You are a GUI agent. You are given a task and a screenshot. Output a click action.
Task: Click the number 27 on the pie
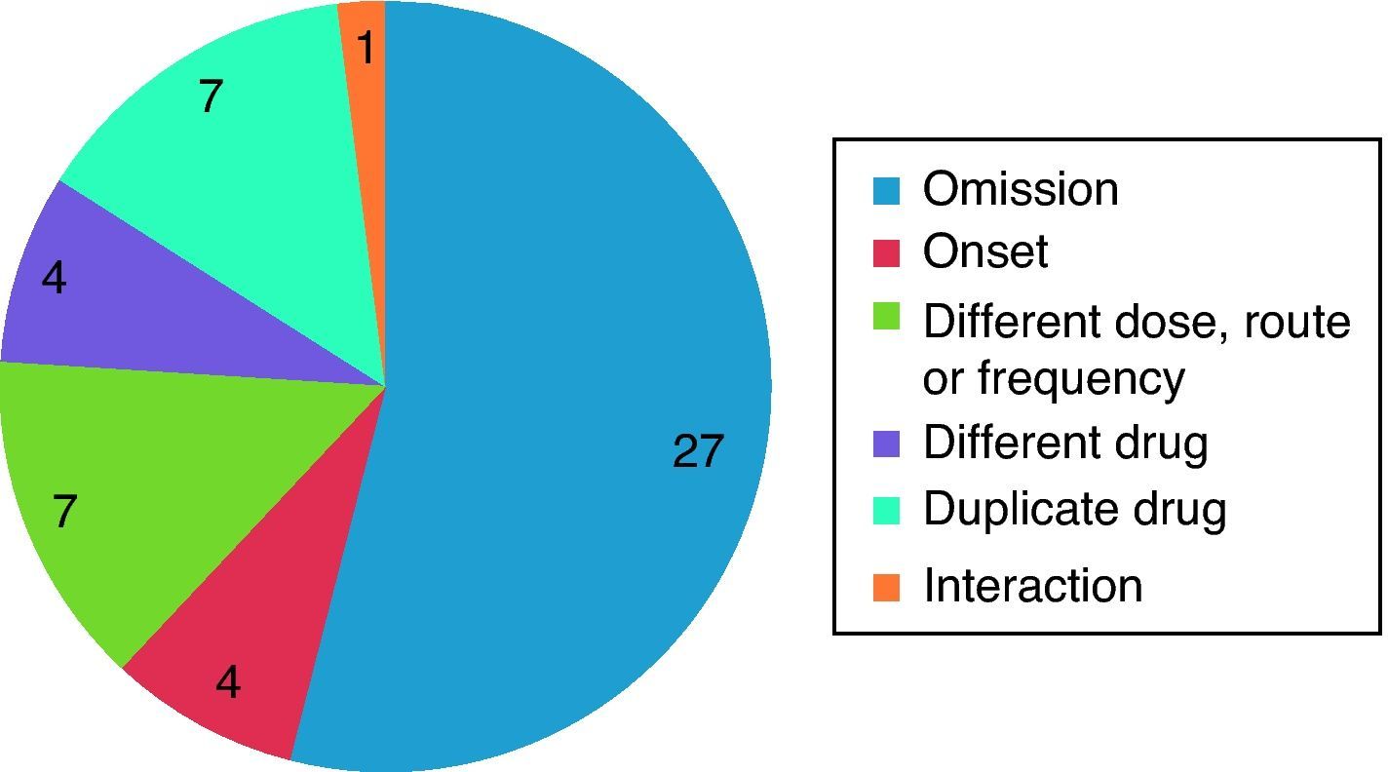pyautogui.click(x=698, y=451)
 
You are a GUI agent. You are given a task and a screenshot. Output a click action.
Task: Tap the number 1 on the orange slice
pyautogui.click(x=366, y=47)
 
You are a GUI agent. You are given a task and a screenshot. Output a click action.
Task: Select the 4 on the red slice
pyautogui.click(x=228, y=682)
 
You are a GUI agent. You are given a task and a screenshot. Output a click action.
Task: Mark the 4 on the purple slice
pyautogui.click(x=55, y=280)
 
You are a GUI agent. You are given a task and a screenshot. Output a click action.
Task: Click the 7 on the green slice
pyautogui.click(x=64, y=511)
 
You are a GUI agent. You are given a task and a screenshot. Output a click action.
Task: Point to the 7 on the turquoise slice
pyautogui.click(x=211, y=96)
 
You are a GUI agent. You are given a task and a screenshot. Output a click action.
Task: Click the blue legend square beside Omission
pyautogui.click(x=886, y=189)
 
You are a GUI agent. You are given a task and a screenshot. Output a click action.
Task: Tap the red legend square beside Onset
pyautogui.click(x=886, y=251)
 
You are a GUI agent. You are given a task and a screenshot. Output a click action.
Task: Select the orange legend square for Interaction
pyautogui.click(x=886, y=587)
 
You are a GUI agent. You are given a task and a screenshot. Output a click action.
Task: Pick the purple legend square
pyautogui.click(x=886, y=444)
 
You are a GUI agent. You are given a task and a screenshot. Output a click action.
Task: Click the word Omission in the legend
pyautogui.click(x=1021, y=188)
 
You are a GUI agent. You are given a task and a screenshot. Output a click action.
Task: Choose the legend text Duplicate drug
pyautogui.click(x=1074, y=508)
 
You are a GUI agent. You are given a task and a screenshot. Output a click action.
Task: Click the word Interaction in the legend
pyautogui.click(x=1032, y=586)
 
